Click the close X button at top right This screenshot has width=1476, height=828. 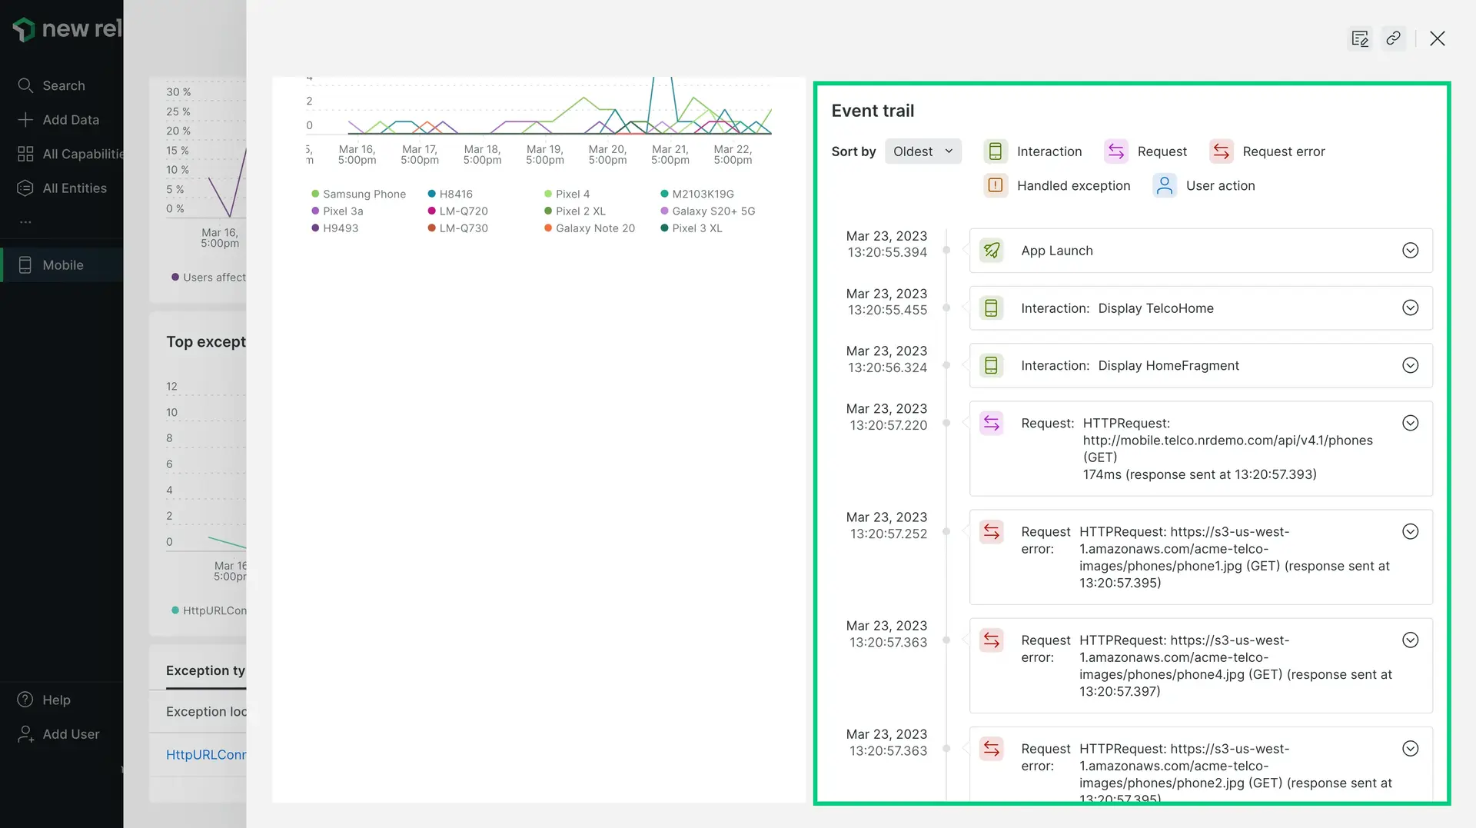pyautogui.click(x=1437, y=38)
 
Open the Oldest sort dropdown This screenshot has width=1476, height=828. pyautogui.click(x=922, y=151)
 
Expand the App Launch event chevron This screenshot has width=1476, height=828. pyautogui.click(x=1410, y=251)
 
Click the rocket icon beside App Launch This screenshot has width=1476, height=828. pyautogui.click(x=992, y=251)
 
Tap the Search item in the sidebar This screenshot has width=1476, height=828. pyautogui.click(x=63, y=85)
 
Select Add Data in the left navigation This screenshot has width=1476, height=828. pyautogui.click(x=70, y=120)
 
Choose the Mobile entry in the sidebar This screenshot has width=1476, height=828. pyautogui.click(x=62, y=265)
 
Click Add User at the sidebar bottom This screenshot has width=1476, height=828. pyautogui.click(x=70, y=734)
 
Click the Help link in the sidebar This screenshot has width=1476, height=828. pyautogui.click(x=56, y=700)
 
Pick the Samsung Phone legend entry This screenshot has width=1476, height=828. pyautogui.click(x=364, y=195)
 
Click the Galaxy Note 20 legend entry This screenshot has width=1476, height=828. pyautogui.click(x=594, y=228)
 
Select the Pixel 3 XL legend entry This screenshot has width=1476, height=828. pyautogui.click(x=696, y=228)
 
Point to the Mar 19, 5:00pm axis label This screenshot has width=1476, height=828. pyautogui.click(x=544, y=155)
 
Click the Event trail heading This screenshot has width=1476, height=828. pyautogui.click(x=873, y=111)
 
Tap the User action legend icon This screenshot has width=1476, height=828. pyautogui.click(x=1165, y=185)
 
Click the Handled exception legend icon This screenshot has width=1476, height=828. pyautogui.click(x=996, y=185)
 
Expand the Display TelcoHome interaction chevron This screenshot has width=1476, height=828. pyautogui.click(x=1410, y=308)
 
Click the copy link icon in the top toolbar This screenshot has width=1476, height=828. pyautogui.click(x=1393, y=38)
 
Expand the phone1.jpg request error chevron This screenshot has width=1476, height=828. pyautogui.click(x=1410, y=532)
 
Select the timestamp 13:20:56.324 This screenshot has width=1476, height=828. pyautogui.click(x=887, y=367)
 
